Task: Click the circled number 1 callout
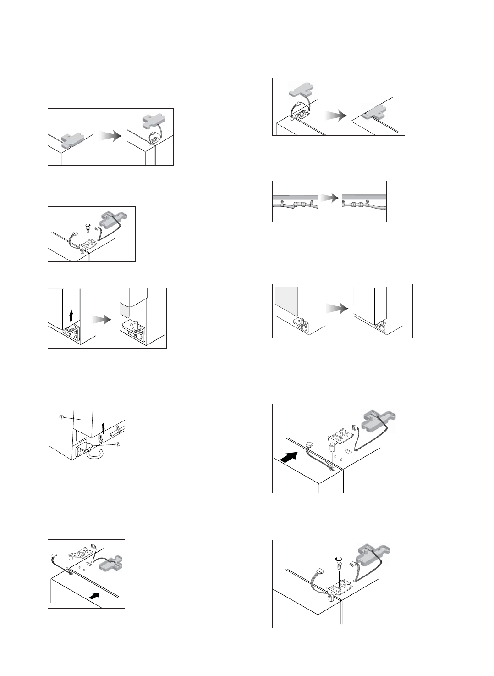[x=61, y=418]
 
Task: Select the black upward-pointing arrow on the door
[x=71, y=314]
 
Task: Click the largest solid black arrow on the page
[x=288, y=456]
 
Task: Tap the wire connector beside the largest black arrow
[x=309, y=444]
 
